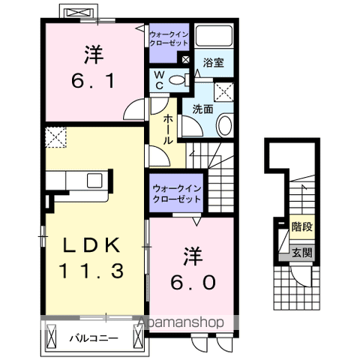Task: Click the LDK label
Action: coord(91,245)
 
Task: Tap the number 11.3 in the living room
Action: coord(91,271)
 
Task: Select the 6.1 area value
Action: coord(94,81)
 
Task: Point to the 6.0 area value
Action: coord(193,282)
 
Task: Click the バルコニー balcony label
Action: coord(94,339)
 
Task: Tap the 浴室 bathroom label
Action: coord(213,63)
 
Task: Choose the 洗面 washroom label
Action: coord(202,109)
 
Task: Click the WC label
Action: coord(159,80)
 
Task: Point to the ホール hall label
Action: coord(168,130)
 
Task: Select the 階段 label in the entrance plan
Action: coord(302,227)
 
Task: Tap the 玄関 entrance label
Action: coord(302,253)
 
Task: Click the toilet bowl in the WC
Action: coord(178,80)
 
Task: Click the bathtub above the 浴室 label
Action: coord(214,35)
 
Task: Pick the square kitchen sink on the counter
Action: coord(94,180)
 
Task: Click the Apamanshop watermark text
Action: coord(181,322)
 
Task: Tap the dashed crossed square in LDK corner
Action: coord(55,137)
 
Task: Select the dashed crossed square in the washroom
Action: coord(224,91)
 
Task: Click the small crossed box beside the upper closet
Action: coord(186,60)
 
